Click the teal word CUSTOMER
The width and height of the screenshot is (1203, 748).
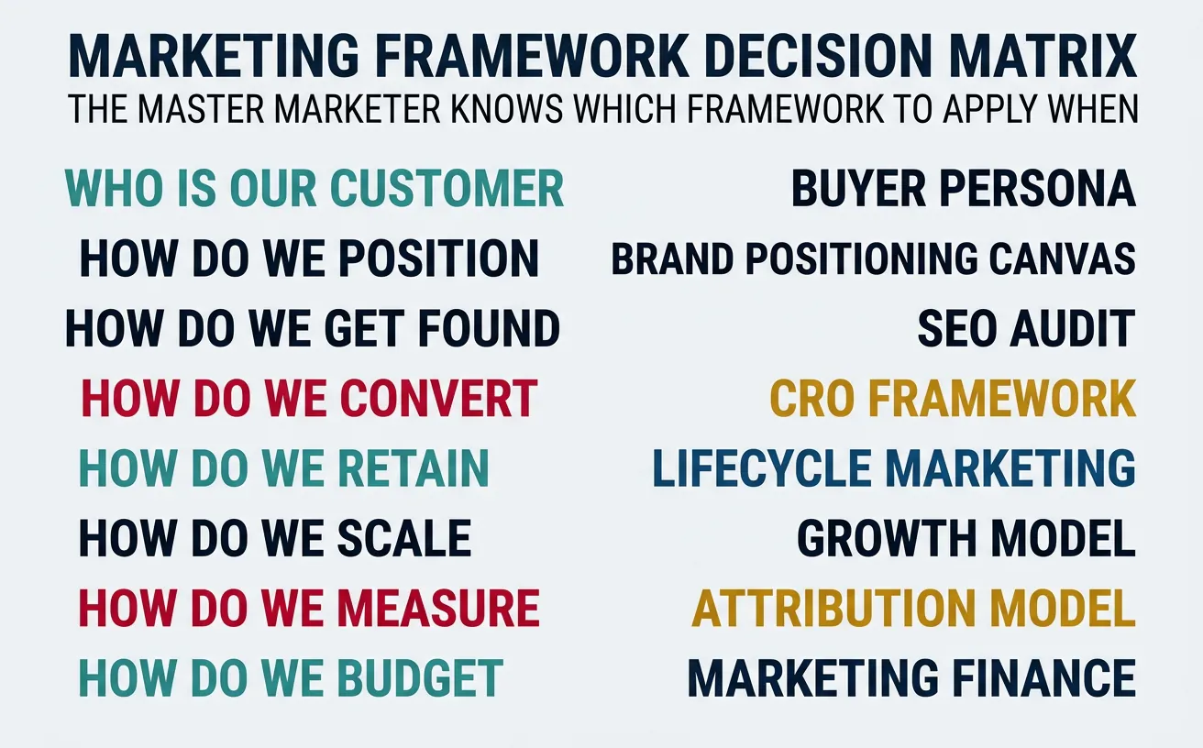tap(447, 188)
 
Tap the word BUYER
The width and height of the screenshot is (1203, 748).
tap(849, 189)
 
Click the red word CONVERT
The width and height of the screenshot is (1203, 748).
tap(438, 399)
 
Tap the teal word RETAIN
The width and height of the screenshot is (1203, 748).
tap(414, 468)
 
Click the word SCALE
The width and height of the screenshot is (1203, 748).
tap(404, 538)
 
